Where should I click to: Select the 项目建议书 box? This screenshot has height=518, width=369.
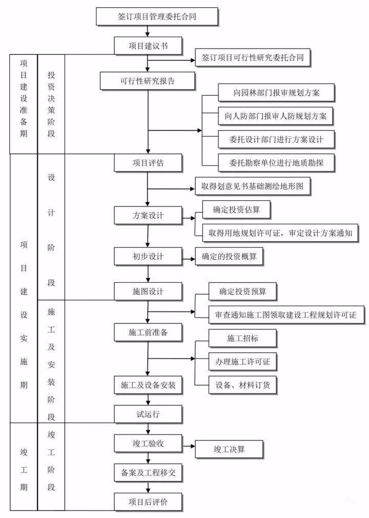(148, 46)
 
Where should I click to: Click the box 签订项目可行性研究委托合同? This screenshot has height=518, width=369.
(253, 58)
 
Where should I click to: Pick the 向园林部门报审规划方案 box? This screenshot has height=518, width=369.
(276, 93)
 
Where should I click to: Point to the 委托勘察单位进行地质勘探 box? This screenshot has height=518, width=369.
(276, 163)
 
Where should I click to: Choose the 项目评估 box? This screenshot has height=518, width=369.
(148, 162)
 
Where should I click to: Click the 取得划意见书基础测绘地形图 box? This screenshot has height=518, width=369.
(253, 187)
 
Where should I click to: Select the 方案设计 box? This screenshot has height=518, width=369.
(148, 215)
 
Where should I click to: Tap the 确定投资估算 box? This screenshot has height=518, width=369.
(236, 210)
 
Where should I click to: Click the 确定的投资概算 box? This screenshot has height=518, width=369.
(229, 256)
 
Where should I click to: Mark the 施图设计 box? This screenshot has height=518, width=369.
(148, 291)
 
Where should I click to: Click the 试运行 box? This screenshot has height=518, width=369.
(148, 413)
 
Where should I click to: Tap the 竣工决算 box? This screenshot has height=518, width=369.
(229, 449)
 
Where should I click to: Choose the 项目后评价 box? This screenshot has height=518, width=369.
(148, 502)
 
